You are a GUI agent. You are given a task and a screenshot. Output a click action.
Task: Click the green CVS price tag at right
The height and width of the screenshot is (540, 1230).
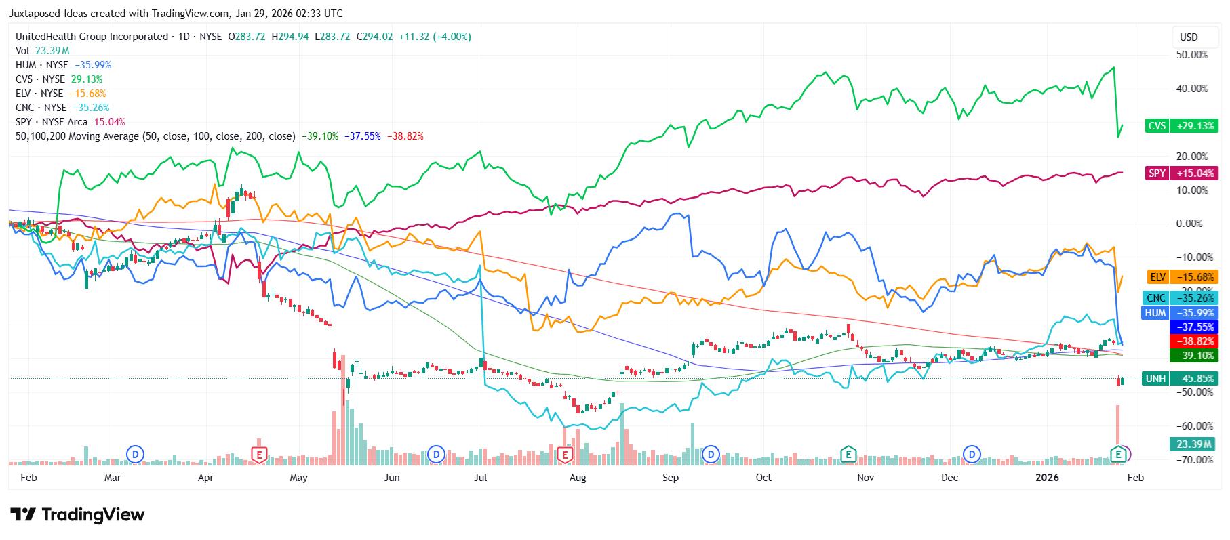[1181, 126]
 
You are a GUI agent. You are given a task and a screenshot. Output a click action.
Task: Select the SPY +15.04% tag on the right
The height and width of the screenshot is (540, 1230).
[1181, 173]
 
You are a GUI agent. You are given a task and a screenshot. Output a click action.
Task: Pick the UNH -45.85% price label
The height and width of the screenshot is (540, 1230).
[1180, 379]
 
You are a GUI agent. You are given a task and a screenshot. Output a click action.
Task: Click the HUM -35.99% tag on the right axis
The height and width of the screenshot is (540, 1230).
[1180, 313]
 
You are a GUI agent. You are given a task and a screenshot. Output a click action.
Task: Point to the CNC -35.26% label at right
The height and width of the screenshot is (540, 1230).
[1180, 298]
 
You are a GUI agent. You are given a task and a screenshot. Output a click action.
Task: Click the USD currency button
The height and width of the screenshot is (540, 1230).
[1189, 37]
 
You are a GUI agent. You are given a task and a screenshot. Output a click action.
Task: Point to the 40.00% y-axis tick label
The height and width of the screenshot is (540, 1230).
[1191, 89]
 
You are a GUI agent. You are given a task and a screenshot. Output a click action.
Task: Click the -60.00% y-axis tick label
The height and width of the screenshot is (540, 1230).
[1194, 426]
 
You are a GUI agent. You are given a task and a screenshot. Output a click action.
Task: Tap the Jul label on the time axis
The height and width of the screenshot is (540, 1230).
[480, 478]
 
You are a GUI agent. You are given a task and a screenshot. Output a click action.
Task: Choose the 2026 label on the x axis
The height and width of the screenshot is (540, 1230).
[1047, 478]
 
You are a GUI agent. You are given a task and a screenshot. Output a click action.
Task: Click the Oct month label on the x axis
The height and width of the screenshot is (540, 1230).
[763, 478]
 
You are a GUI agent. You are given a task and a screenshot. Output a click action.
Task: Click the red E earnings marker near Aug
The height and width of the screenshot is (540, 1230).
[565, 455]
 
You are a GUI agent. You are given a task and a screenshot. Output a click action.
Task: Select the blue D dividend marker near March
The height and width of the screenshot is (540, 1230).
[135, 455]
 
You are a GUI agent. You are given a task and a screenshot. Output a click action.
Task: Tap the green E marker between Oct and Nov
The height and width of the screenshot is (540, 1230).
[848, 455]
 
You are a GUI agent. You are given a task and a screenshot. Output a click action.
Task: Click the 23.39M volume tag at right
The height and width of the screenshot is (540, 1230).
[1193, 444]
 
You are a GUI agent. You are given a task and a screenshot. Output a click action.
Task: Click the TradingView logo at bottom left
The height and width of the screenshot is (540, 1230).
[77, 515]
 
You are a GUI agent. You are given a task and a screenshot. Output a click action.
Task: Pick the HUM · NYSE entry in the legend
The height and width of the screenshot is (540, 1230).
[42, 65]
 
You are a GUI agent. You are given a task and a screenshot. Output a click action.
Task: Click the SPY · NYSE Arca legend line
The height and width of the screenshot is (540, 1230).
[52, 122]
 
